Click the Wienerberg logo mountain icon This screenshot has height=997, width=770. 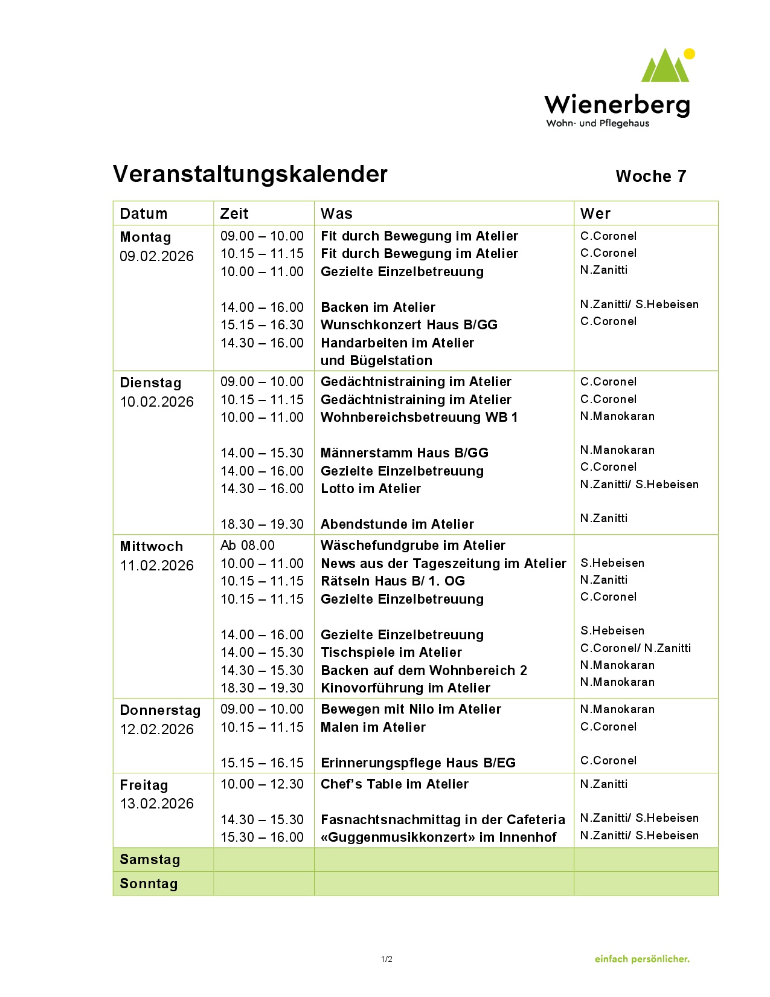(667, 66)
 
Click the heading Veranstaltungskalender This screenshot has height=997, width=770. (250, 174)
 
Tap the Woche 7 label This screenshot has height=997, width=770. (650, 176)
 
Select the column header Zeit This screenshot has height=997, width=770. (234, 213)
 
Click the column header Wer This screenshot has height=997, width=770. (595, 213)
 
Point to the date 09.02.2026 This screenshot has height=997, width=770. (156, 256)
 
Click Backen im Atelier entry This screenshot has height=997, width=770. (378, 307)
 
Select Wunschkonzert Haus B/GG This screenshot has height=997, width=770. (409, 324)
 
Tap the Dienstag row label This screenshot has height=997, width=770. (150, 382)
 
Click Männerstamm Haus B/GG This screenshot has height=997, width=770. (405, 453)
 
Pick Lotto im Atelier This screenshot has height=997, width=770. (371, 488)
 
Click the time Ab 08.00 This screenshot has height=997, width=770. (248, 545)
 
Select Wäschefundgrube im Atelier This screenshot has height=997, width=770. (413, 545)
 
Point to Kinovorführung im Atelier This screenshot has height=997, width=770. (405, 688)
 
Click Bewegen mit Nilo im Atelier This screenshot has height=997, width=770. (411, 709)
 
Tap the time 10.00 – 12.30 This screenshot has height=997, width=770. (262, 784)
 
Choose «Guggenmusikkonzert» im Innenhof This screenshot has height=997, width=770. (438, 837)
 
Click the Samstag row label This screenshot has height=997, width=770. (150, 859)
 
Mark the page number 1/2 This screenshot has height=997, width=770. (387, 959)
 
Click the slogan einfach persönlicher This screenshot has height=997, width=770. (642, 959)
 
